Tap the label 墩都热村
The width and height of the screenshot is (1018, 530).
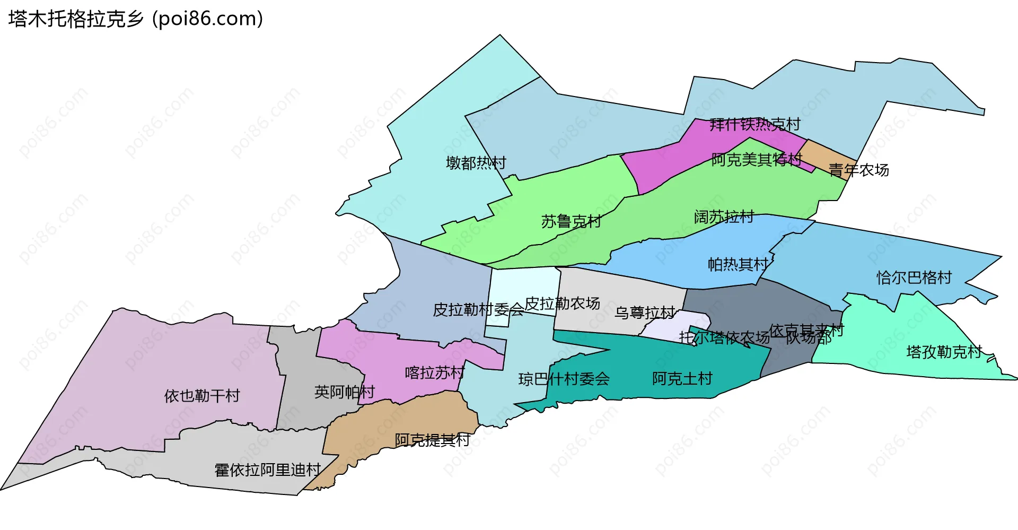pos(476,162)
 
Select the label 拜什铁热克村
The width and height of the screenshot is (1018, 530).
pos(754,124)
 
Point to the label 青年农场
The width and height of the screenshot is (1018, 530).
pos(858,170)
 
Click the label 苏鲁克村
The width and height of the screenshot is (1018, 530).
pos(571,221)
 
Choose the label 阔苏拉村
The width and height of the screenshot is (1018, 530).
pos(724,216)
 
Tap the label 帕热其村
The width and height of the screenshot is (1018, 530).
pos(738,264)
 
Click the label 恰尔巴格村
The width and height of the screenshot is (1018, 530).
pos(914,277)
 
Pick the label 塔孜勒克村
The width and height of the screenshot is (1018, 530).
pos(944,352)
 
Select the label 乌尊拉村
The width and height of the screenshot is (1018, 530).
pos(645,312)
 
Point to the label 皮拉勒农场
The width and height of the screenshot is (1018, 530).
pos(562,303)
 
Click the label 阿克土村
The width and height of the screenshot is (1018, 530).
pos(682,378)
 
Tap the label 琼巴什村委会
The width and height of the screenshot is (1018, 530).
pos(564,379)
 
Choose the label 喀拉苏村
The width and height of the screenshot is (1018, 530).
pos(434,372)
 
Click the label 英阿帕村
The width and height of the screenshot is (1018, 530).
pos(344,392)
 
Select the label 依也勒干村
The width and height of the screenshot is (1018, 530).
pos(202,395)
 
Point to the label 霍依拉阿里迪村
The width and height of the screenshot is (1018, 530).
pos(267,470)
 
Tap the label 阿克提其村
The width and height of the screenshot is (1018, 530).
pos(432,439)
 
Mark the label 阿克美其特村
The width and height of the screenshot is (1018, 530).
pos(757,159)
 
